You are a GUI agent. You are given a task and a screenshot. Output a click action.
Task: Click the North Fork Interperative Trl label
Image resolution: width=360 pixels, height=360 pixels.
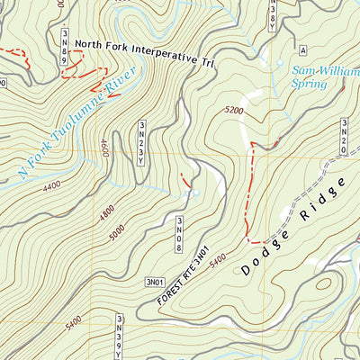coord(147,52)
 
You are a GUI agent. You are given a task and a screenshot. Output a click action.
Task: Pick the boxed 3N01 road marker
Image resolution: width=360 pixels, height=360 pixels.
coord(156,283)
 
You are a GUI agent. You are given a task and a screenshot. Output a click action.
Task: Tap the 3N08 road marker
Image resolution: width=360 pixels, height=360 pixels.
coord(180,234)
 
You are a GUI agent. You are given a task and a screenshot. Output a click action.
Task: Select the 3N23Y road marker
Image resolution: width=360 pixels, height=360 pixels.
coord(141,143)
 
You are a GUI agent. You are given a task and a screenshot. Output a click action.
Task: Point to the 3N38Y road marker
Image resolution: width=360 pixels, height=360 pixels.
coord(273,13)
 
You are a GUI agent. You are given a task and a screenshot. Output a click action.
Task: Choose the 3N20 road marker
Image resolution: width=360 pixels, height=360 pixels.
coord(344,136)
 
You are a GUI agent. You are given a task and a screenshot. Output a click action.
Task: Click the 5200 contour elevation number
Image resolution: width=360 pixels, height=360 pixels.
coord(234,111)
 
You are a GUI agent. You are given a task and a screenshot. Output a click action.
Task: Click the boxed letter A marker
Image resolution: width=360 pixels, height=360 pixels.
coord(303,49)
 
